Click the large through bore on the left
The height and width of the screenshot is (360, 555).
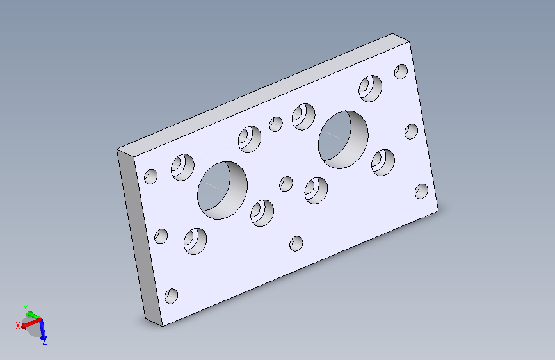point(222,191)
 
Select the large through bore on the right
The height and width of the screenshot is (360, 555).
point(343,140)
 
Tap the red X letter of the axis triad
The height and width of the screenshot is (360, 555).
point(18,325)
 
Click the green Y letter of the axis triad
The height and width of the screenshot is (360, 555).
point(26,308)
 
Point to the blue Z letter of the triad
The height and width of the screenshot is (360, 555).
point(44,342)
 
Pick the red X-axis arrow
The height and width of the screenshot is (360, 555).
point(31,323)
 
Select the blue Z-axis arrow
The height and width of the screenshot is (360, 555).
point(43,329)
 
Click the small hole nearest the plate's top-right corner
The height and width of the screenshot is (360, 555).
point(401,72)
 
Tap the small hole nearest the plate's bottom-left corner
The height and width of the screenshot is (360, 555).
point(172,296)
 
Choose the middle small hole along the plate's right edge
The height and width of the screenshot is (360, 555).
point(412,131)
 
